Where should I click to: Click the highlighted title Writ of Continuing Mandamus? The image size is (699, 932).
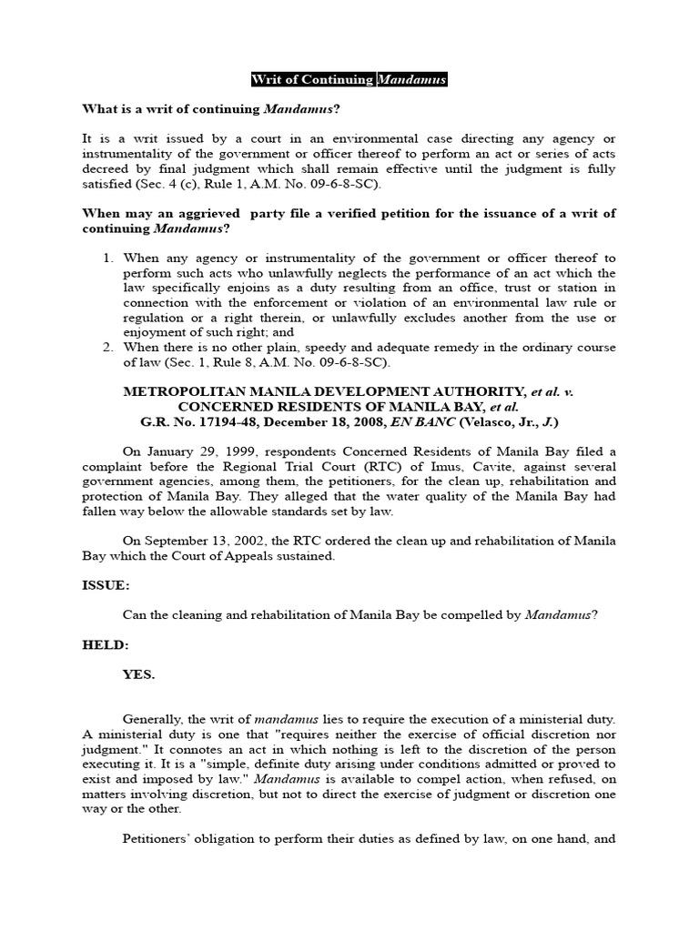pyautogui.click(x=349, y=80)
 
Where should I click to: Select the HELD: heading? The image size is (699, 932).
pyautogui.click(x=105, y=645)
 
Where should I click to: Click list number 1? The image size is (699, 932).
pyautogui.click(x=108, y=258)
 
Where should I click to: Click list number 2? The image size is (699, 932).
pyautogui.click(x=108, y=348)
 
